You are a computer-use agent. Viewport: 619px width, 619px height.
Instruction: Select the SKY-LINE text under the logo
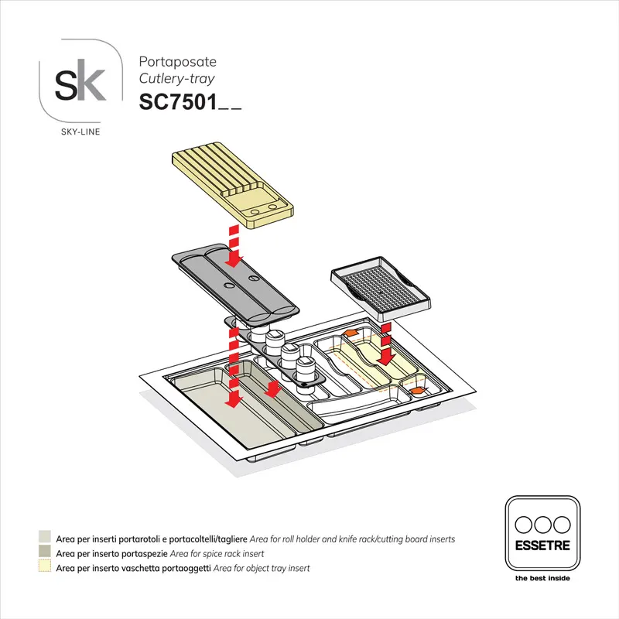[x=80, y=132]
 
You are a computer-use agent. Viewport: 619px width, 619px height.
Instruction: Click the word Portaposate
[x=177, y=61]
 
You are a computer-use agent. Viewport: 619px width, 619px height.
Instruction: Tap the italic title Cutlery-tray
[x=176, y=78]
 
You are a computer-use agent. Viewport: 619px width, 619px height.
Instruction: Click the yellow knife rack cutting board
[x=231, y=186]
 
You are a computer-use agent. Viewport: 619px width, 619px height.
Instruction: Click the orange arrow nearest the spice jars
[x=350, y=333]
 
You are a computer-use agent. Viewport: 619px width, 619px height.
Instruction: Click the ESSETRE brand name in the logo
[x=542, y=546]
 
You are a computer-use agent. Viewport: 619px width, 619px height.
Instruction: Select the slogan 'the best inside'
[x=542, y=578]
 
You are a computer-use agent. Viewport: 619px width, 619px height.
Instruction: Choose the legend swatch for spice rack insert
[x=45, y=553]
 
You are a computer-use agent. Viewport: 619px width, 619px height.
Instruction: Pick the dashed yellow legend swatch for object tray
[x=45, y=568]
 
